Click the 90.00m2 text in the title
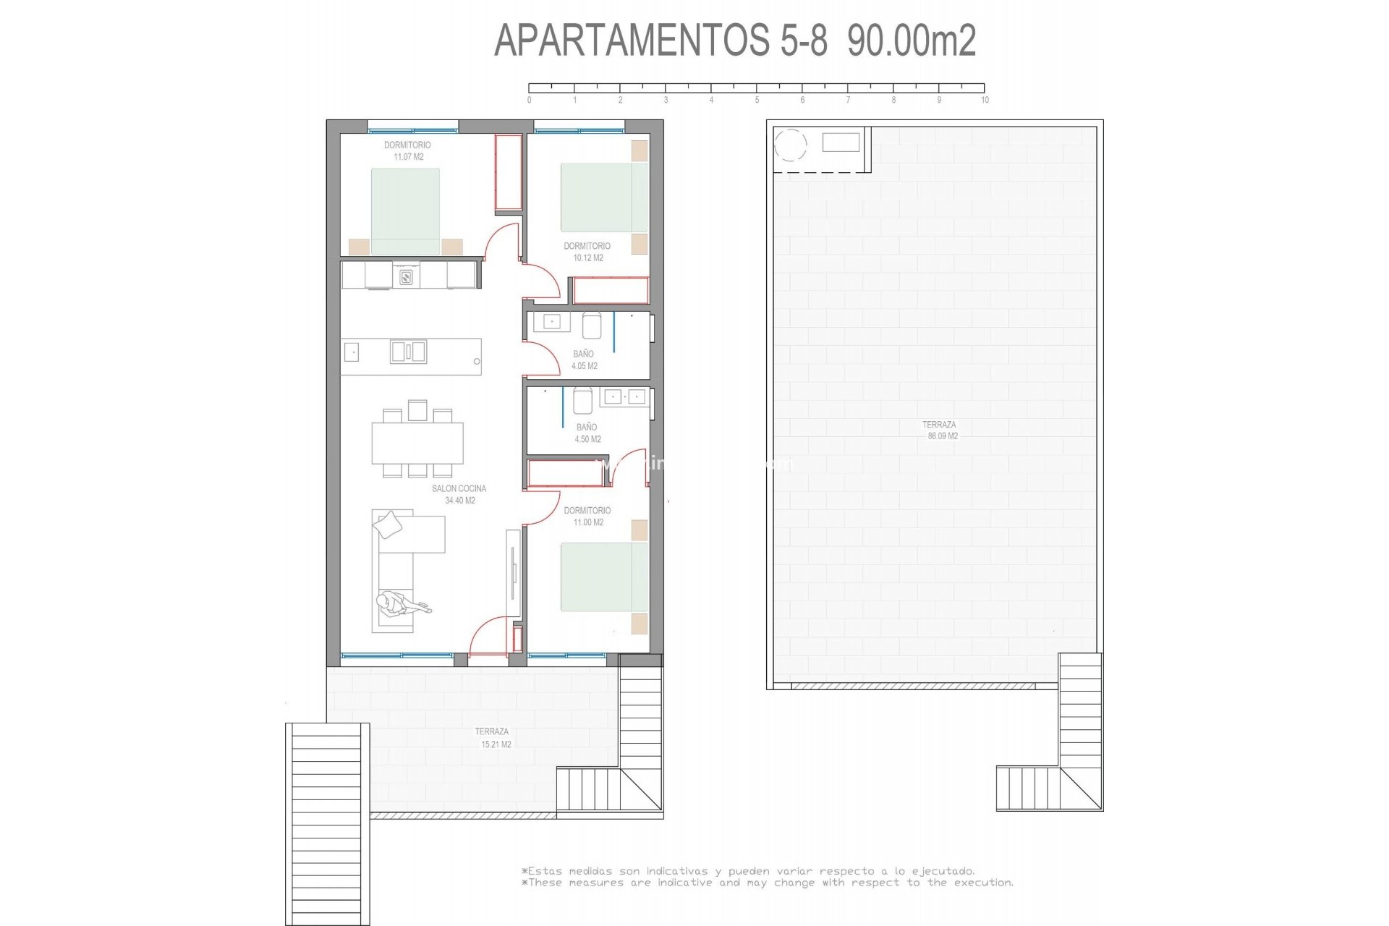tap(912, 40)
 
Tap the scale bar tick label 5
tap(757, 101)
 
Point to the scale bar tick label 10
tap(985, 101)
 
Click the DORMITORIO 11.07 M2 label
tap(408, 150)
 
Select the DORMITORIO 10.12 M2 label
tap(587, 252)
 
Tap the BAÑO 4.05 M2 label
tap(584, 360)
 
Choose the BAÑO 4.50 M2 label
tap(587, 433)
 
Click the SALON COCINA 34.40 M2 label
tap(459, 494)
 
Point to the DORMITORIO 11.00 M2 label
tap(587, 516)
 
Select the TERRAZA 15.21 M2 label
tap(493, 737)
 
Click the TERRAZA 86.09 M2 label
tap(940, 430)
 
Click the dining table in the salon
tap(417, 443)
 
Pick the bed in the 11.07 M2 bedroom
tap(405, 211)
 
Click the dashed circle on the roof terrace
tap(791, 145)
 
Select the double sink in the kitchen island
tap(408, 352)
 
